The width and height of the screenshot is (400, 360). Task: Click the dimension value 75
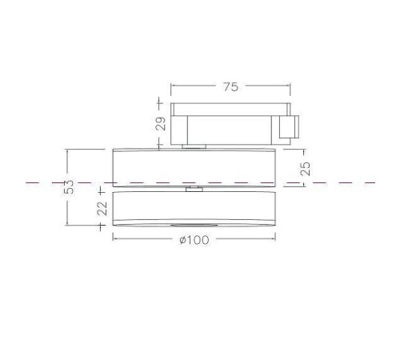click(230, 88)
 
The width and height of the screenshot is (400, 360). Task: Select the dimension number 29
click(159, 124)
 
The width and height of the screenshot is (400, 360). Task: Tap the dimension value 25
click(304, 168)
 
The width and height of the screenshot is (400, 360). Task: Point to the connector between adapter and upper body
click(192, 146)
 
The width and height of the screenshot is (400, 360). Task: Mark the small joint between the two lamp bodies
click(192, 190)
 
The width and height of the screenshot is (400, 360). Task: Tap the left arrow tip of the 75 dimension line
click(171, 88)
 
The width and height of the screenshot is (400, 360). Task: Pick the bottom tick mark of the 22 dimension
click(102, 227)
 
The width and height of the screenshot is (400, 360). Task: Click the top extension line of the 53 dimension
click(88, 149)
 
